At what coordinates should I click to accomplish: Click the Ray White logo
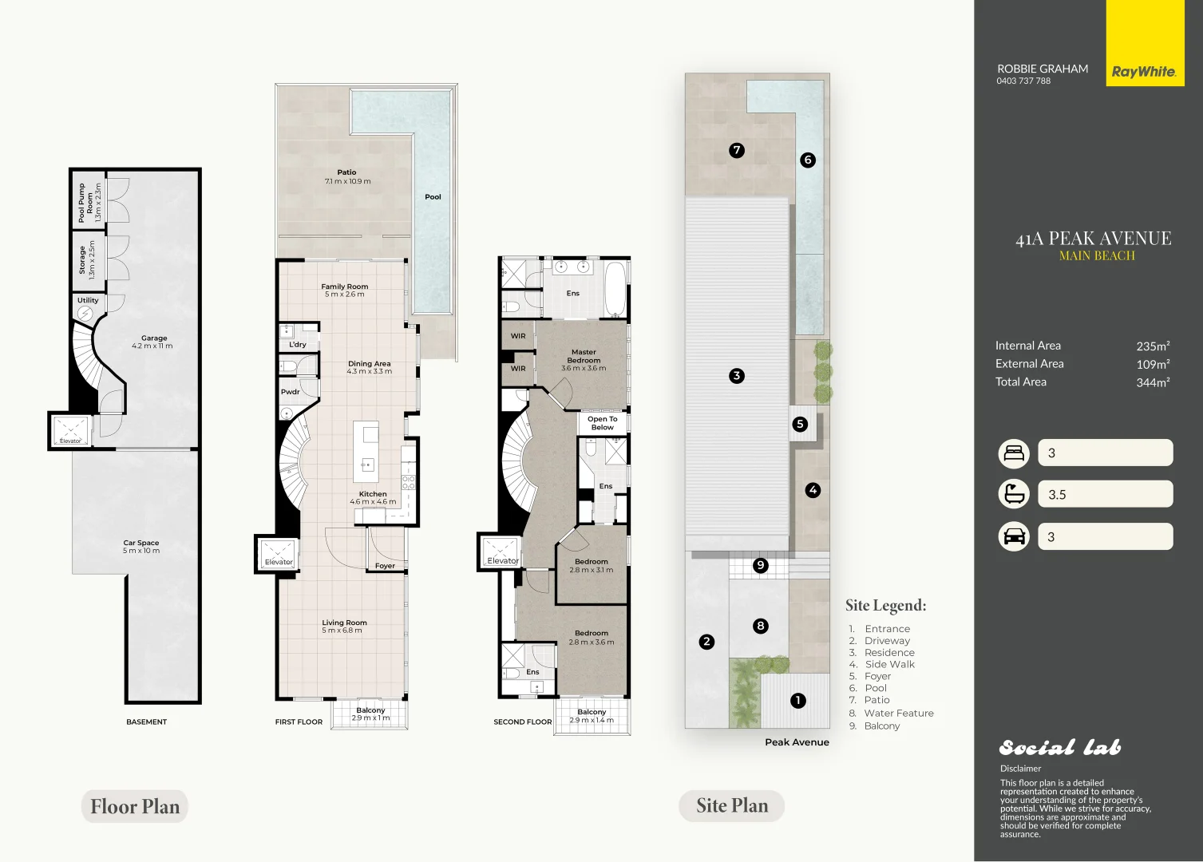point(1144,71)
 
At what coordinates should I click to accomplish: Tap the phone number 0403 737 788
point(1023,81)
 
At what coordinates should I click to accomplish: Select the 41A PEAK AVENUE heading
point(1093,239)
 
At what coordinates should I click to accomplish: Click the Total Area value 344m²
point(1153,382)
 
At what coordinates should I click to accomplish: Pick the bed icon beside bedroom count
point(1014,453)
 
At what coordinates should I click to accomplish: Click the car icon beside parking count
point(1014,536)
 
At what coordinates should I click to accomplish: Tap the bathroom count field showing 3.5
point(1105,494)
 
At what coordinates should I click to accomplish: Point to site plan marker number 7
point(737,149)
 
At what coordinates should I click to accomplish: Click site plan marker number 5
point(801,424)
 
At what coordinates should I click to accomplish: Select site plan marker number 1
point(797,701)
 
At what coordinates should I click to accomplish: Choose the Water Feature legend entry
point(898,714)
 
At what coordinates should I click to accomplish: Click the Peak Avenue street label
point(797,742)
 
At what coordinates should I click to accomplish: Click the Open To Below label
point(603,423)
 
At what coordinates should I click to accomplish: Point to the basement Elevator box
point(70,430)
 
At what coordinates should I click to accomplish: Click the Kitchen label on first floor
point(373,494)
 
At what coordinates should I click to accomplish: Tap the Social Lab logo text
point(1060,747)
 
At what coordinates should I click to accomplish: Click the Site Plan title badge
point(731,806)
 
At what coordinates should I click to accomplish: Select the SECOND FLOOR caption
point(523,722)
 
